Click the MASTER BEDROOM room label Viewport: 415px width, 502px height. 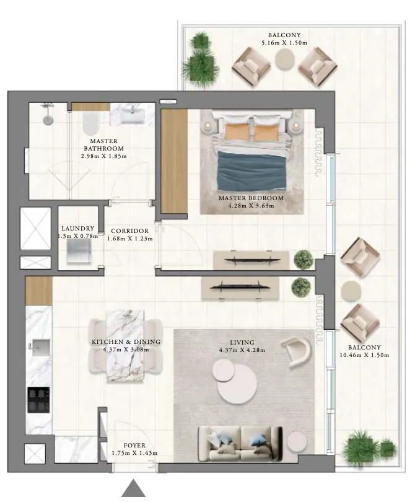pos(251,198)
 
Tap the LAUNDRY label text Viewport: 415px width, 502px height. pos(77,229)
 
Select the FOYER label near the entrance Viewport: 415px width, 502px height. pos(134,446)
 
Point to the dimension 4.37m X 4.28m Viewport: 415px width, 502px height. pos(242,350)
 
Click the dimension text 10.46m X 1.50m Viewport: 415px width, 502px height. pos(364,355)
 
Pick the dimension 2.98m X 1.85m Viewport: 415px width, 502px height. pos(103,156)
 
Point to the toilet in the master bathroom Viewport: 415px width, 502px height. pos(89,123)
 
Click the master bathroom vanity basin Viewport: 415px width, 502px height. pos(133,115)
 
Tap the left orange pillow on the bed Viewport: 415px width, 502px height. pos(235,131)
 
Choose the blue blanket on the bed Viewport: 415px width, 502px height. pos(251,170)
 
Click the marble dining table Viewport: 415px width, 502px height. pos(126,345)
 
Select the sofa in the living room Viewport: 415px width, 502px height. pos(240,443)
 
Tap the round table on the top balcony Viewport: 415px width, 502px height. pos(285,59)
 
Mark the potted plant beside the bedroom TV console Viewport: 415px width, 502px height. pos(303,258)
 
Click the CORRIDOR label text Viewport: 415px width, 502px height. pos(129,231)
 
